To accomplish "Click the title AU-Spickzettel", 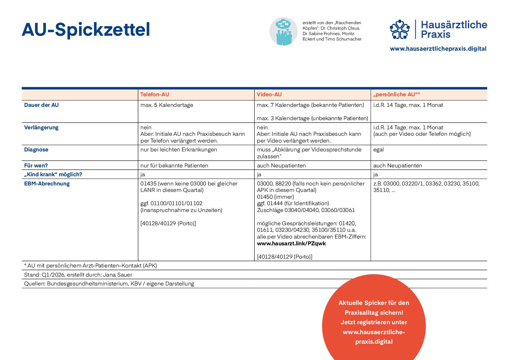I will tap(86, 30).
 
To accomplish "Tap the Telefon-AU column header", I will tap(155, 95).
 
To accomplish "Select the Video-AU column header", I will tap(269, 95).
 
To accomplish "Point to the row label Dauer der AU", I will tap(41, 105).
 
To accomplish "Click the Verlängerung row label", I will tap(41, 128).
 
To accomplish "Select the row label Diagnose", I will tap(36, 150).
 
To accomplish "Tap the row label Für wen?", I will tap(36, 166).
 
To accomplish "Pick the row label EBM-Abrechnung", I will tap(47, 184).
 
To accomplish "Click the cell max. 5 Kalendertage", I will tap(167, 105).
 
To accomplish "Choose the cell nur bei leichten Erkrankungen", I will tap(179, 150).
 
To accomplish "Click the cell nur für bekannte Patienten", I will tap(174, 166).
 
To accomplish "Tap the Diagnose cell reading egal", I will tap(378, 150).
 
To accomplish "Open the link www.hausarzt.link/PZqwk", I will tap(291, 244).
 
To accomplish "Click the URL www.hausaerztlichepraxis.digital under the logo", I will tap(438, 49).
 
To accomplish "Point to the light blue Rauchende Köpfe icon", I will tap(283, 31).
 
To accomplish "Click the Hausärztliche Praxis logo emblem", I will tap(400, 29).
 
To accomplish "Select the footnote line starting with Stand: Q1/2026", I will tap(78, 275).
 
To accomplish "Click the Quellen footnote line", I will tap(109, 284).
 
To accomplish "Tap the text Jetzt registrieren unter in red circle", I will tap(374, 322).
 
